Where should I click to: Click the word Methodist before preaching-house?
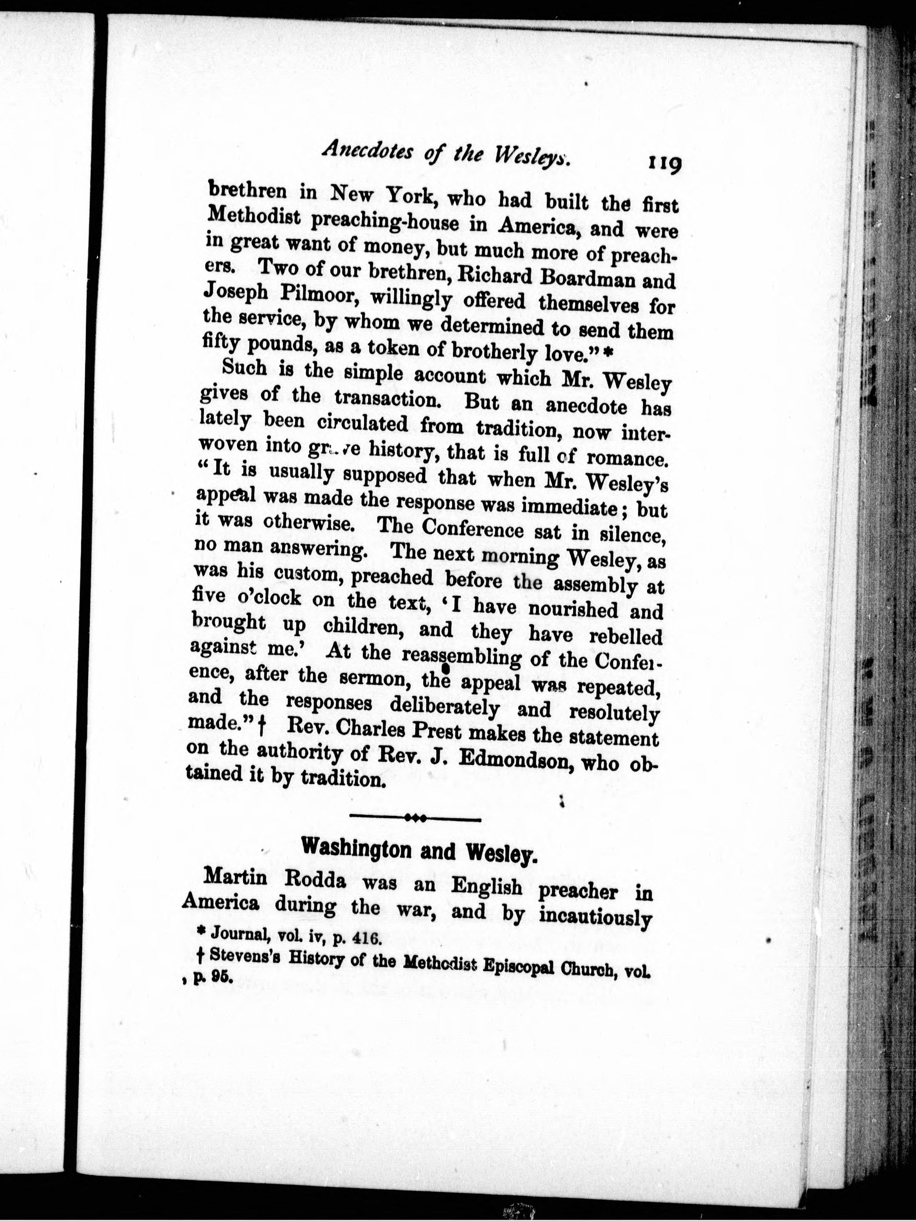pos(252,220)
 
